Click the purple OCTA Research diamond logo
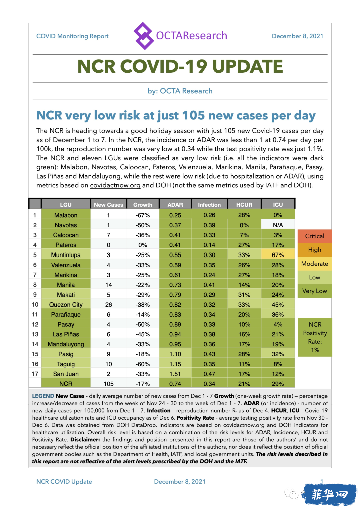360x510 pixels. pyautogui.click(x=143, y=36)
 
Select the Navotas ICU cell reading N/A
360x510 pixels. pyautogui.click(x=278, y=225)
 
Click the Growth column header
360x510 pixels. pyautogui.click(x=143, y=205)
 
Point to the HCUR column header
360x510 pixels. pyautogui.click(x=244, y=205)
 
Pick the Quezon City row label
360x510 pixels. pyautogui.click(x=66, y=305)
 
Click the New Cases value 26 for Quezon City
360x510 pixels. pyautogui.click(x=109, y=305)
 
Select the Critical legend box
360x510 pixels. pyautogui.click(x=314, y=236)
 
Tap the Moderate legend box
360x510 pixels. pyautogui.click(x=314, y=264)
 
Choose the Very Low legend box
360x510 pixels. pyautogui.click(x=314, y=291)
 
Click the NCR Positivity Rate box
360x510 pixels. pyautogui.click(x=315, y=337)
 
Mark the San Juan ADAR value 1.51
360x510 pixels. pyautogui.click(x=175, y=374)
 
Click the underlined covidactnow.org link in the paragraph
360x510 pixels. pyautogui.click(x=115, y=185)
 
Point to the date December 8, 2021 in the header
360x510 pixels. pyautogui.click(x=297, y=36)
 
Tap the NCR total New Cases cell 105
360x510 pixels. pyautogui.click(x=109, y=384)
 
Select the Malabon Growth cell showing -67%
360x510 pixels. pyautogui.click(x=143, y=215)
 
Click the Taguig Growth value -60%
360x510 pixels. pyautogui.click(x=143, y=364)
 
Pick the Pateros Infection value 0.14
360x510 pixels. pyautogui.click(x=209, y=245)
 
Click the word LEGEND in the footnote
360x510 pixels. pyautogui.click(x=43, y=396)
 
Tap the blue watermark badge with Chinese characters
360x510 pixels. pyautogui.click(x=329, y=495)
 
